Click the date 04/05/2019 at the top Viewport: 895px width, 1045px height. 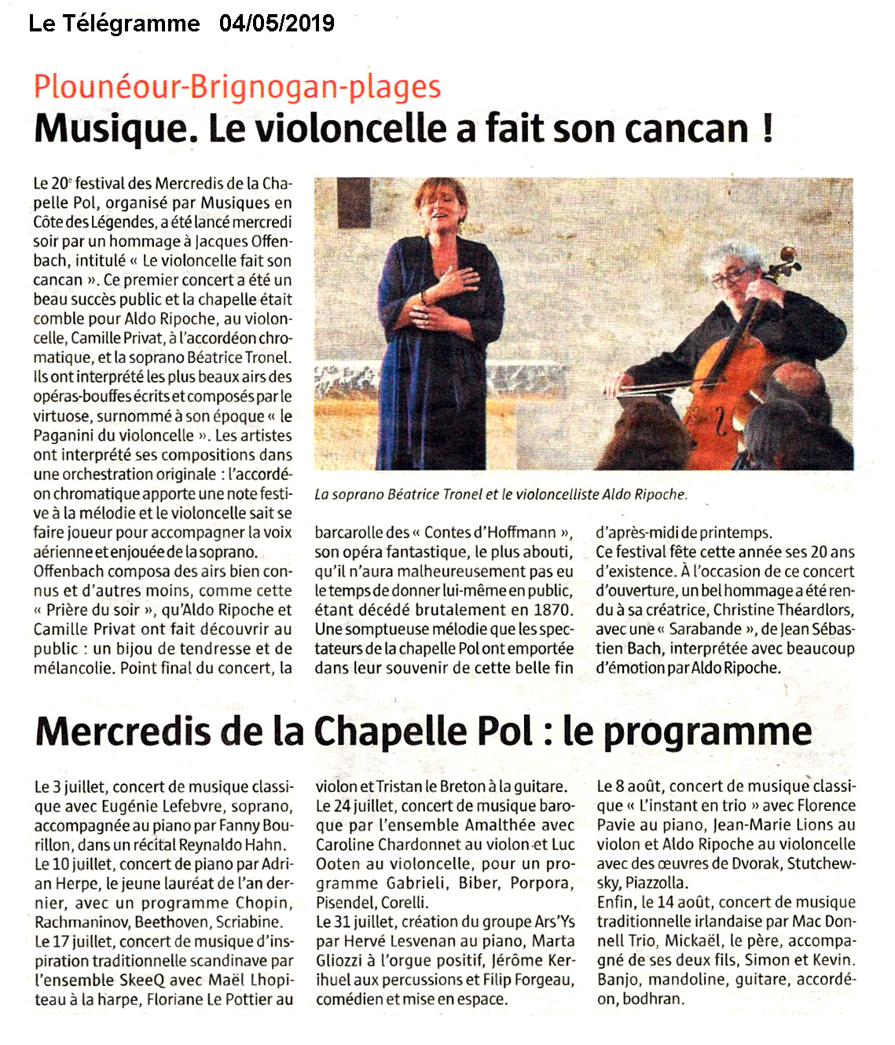(x=277, y=24)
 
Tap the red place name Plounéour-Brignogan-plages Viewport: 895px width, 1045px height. (x=237, y=86)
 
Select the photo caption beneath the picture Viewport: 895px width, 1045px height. (x=501, y=494)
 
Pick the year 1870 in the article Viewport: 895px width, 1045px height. (x=552, y=610)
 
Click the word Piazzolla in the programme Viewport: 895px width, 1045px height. (x=656, y=883)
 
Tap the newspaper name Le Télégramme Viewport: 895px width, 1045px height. (x=114, y=24)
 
